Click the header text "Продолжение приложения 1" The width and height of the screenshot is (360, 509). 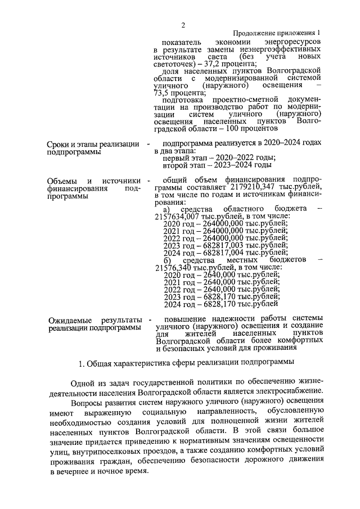click(x=277, y=33)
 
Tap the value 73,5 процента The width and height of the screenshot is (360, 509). click(x=179, y=93)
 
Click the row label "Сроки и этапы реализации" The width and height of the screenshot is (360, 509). click(x=93, y=145)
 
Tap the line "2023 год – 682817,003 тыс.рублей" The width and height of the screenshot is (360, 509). click(x=225, y=245)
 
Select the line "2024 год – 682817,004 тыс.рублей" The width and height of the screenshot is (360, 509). click(x=225, y=253)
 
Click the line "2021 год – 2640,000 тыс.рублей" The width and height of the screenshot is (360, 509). click(x=221, y=282)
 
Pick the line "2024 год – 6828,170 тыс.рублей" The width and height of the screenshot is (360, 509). click(x=221, y=304)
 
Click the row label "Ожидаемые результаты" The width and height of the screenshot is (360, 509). click(x=93, y=319)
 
